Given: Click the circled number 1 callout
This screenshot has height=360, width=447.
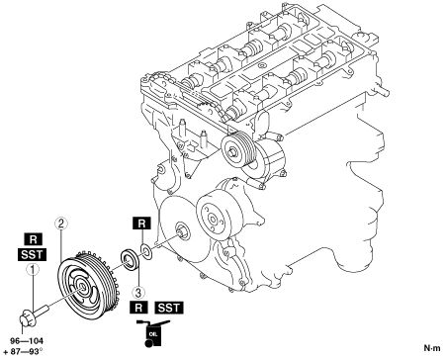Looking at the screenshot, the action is (x=33, y=270).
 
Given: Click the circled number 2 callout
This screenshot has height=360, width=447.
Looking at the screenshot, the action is (x=61, y=224).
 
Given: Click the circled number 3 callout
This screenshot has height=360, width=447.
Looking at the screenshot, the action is (x=138, y=292).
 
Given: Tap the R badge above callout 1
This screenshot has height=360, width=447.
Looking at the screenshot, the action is (x=34, y=239).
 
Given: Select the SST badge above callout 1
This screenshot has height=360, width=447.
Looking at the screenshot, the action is (x=32, y=254).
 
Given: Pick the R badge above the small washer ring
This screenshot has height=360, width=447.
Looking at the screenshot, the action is (x=141, y=224).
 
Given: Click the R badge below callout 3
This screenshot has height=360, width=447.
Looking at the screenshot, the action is (x=138, y=308).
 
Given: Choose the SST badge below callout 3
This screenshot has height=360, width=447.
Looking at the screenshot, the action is (x=169, y=308).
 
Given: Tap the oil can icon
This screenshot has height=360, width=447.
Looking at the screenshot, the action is (x=153, y=333).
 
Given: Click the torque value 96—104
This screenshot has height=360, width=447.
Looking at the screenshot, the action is (x=27, y=341).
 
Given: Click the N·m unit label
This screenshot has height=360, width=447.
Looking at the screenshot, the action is (x=432, y=348).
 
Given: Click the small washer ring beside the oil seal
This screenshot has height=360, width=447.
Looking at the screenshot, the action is (x=146, y=250).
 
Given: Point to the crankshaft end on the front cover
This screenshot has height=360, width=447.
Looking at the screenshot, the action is (x=181, y=230).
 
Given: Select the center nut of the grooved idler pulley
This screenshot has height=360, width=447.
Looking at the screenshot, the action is (x=233, y=152).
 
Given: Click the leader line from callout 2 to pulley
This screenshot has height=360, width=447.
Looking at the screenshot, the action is (x=61, y=245).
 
